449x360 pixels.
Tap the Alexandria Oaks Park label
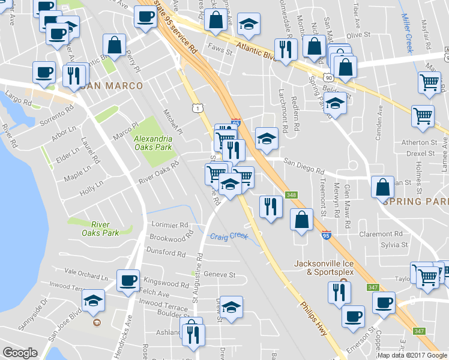tap(152, 142)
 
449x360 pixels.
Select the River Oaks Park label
tap(100, 229)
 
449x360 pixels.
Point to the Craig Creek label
tap(229, 236)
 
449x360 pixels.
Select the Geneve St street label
tap(219, 274)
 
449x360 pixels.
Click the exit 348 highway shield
tap(292, 195)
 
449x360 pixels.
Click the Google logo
tap(20, 353)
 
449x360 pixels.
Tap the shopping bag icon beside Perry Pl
tap(113, 44)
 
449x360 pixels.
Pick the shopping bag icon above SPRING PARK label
tap(382, 187)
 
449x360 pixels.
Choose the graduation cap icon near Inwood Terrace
tap(93, 300)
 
